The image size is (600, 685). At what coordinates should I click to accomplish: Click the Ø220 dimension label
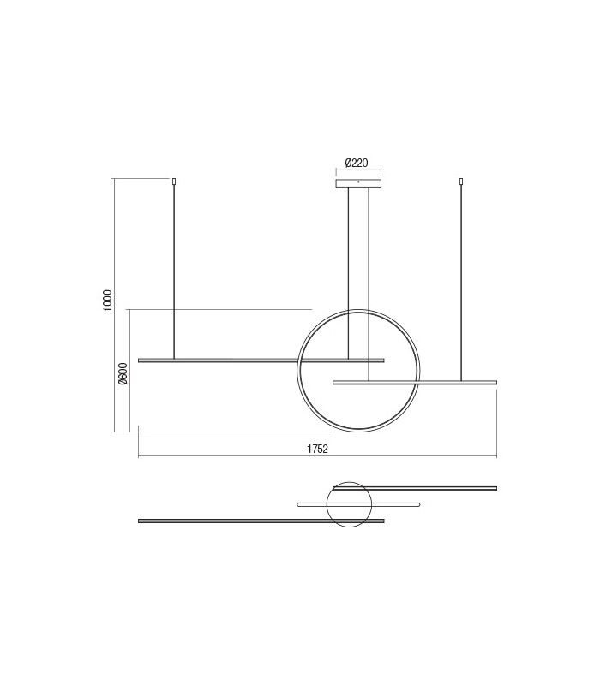(356, 162)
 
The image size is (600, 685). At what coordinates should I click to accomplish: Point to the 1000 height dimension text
(107, 300)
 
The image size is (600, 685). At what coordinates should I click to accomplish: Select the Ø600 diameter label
(123, 374)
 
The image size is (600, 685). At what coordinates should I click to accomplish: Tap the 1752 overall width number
(318, 448)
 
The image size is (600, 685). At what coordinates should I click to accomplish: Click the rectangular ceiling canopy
(357, 182)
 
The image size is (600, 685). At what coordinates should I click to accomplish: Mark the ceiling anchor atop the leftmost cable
(174, 181)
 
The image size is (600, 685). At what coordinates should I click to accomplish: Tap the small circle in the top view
(350, 504)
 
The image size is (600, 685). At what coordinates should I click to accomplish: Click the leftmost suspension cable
(174, 265)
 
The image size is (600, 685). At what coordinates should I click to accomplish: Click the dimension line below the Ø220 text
(357, 170)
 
